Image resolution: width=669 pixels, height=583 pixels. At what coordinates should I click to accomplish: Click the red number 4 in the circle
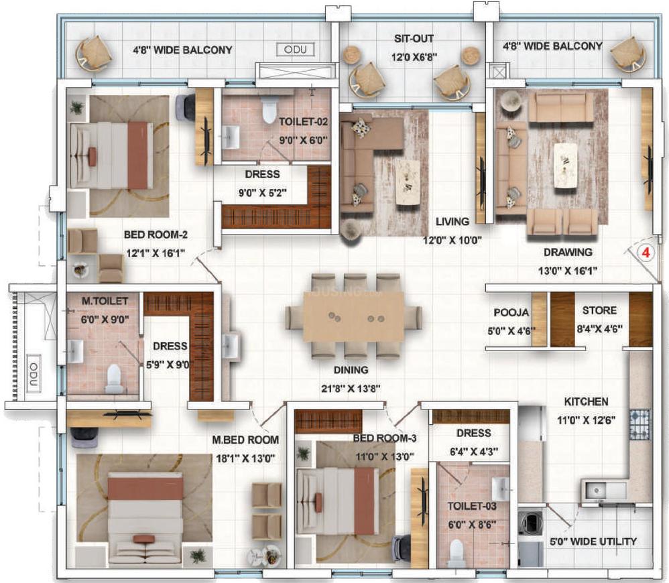[646, 253]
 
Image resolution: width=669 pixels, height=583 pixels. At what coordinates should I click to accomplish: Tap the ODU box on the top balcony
[295, 50]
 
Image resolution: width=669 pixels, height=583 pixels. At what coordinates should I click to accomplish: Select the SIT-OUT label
[414, 38]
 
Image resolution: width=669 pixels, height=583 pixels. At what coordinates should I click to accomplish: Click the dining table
[353, 316]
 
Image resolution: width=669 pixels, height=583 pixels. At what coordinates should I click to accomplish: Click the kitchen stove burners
[640, 424]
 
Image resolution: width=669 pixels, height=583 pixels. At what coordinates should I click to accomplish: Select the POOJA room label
[511, 313]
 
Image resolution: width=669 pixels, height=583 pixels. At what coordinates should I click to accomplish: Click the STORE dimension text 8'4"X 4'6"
[599, 329]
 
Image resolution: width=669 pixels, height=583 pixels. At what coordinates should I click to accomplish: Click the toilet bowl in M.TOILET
[113, 378]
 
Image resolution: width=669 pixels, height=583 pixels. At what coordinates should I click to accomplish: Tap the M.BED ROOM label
[245, 440]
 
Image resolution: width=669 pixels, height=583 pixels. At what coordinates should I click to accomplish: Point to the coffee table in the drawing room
[566, 165]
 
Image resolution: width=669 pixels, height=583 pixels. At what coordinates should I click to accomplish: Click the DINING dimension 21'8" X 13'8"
[351, 389]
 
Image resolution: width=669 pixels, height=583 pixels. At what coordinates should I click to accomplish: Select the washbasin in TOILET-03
[500, 489]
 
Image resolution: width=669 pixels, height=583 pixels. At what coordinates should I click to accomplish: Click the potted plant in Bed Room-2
[78, 107]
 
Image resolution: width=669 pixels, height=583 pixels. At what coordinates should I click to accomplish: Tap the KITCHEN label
[587, 402]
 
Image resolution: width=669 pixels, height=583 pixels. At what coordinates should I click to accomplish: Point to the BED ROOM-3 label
[384, 438]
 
